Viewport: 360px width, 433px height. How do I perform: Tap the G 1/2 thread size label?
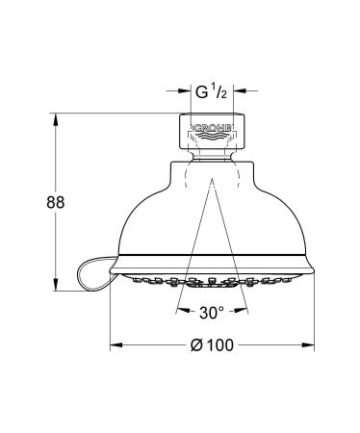(212, 92)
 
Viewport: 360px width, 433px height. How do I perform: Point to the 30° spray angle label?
(213, 313)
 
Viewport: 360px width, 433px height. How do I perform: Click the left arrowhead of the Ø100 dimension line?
(114, 344)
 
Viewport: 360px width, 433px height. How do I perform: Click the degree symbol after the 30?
(226, 309)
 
